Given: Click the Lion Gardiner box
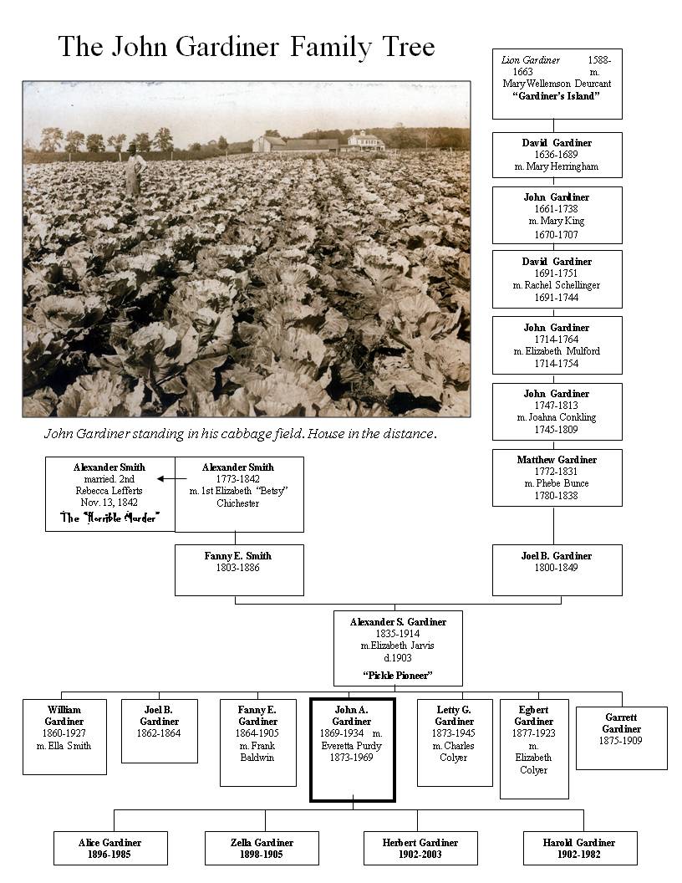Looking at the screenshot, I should click(x=557, y=84).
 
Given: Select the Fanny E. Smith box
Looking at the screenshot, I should click(x=238, y=569).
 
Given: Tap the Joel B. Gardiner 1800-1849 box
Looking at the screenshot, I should click(x=557, y=569).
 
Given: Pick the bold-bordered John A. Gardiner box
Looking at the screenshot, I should click(x=352, y=749).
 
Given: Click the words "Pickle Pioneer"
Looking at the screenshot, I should click(x=397, y=674).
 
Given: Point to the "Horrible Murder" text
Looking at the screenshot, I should click(x=110, y=517).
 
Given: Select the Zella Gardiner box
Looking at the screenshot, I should click(x=262, y=848).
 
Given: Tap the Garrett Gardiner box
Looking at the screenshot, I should click(x=622, y=738).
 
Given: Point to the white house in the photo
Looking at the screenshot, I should click(x=366, y=142).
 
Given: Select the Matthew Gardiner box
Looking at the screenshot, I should click(x=557, y=477).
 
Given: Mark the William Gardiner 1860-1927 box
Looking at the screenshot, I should click(x=64, y=736).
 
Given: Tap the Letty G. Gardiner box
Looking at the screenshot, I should click(x=455, y=743).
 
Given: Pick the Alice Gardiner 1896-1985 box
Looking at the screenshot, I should click(x=110, y=848).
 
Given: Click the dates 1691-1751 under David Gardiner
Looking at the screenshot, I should click(x=557, y=273).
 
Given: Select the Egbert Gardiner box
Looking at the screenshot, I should click(x=534, y=748).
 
